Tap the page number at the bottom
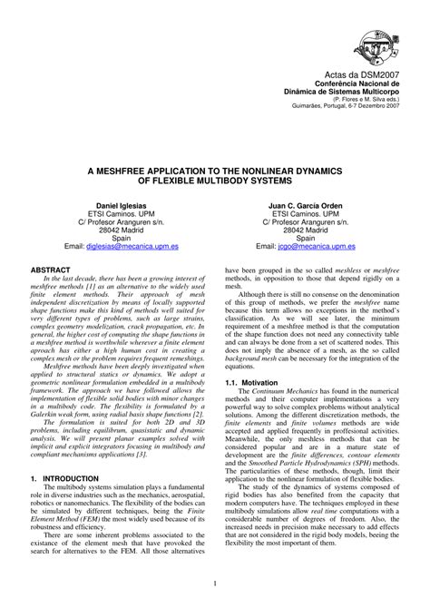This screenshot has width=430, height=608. (215, 583)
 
